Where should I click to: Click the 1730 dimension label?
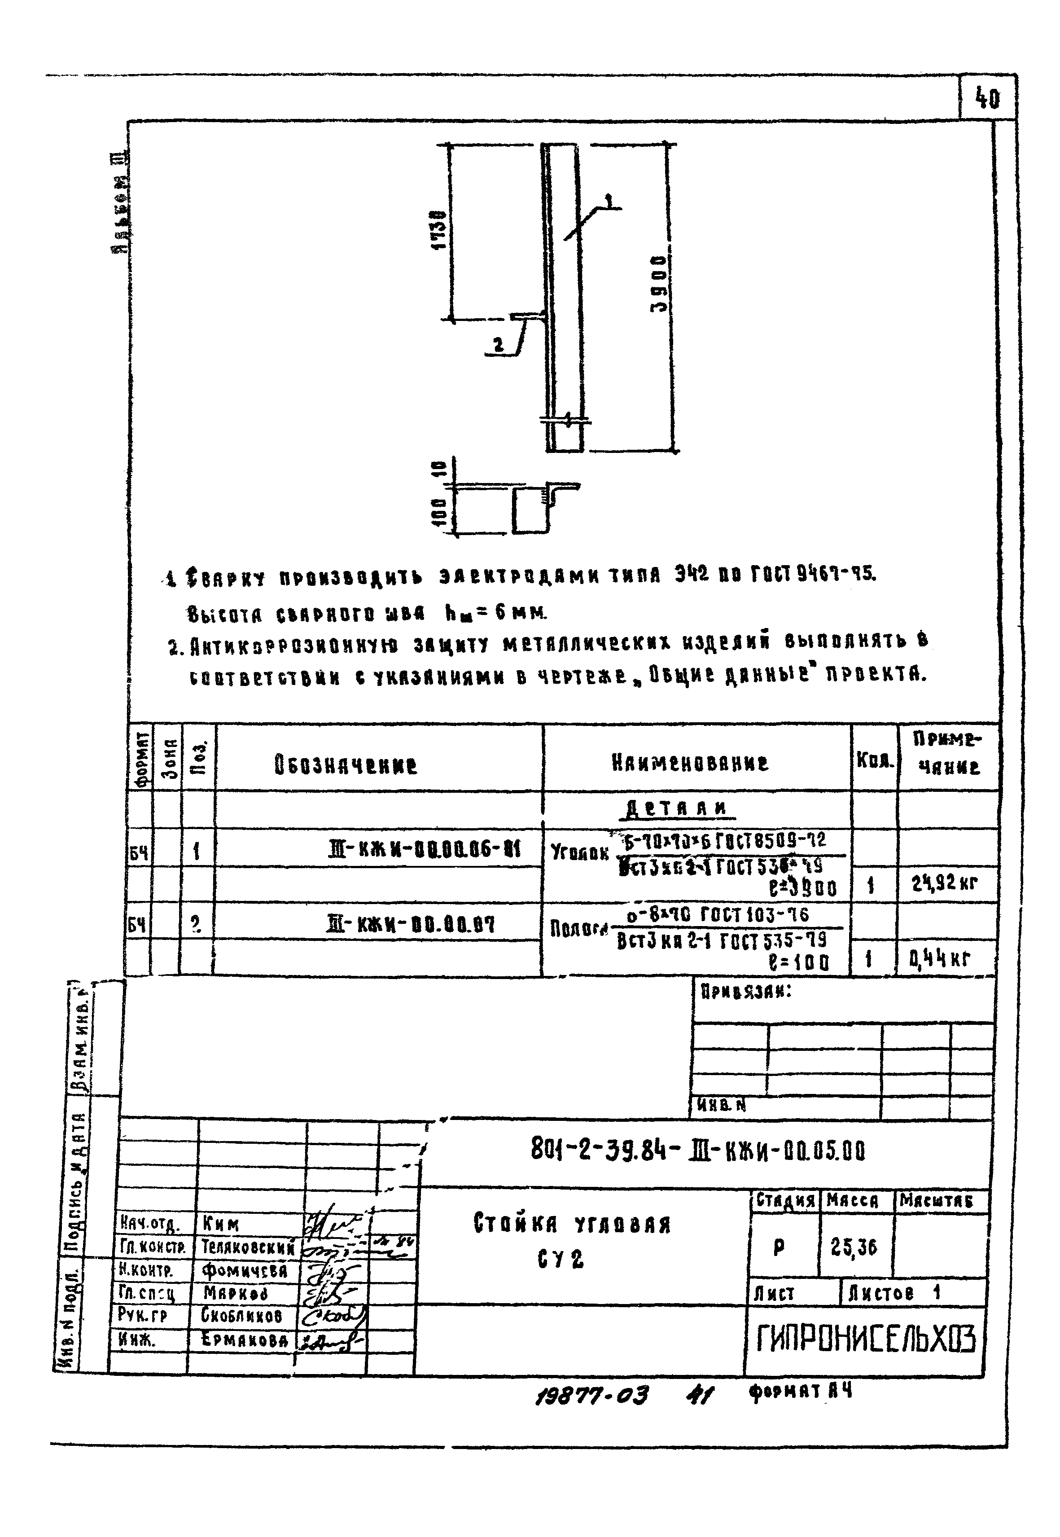[438, 230]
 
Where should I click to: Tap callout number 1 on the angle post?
[609, 198]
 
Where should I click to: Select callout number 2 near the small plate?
[498, 345]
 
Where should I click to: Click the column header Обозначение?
[346, 765]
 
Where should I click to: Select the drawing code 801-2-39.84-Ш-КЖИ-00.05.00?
[698, 1149]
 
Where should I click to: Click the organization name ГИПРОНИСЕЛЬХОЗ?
[865, 1339]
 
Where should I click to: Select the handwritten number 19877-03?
[591, 1396]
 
